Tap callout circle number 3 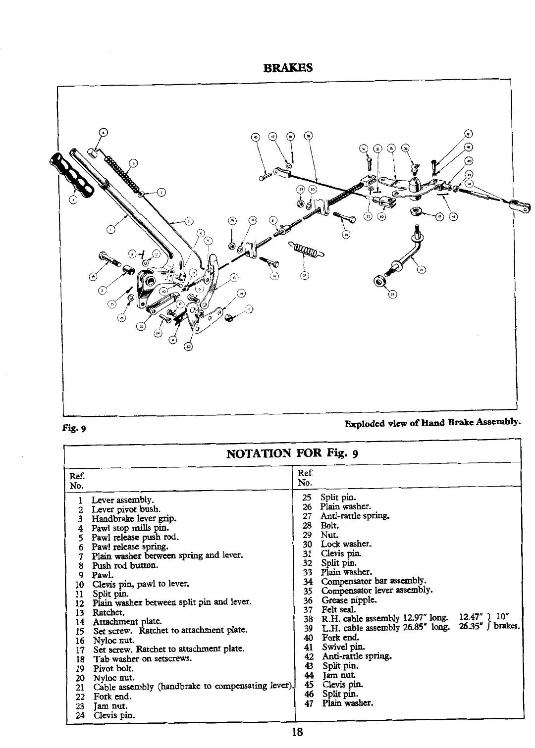[74, 199]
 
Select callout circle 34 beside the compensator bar [421, 270]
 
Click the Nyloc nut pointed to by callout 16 [229, 317]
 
